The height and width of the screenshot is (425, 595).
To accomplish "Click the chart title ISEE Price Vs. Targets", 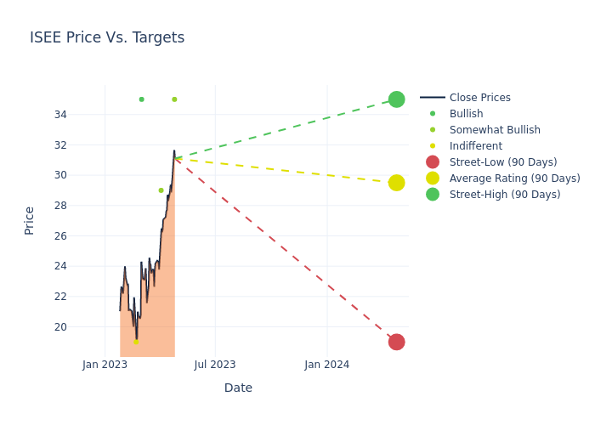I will point(107,37).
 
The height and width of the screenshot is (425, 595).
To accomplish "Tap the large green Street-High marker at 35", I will point(396,99).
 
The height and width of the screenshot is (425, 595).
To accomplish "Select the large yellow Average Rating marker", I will point(396,183).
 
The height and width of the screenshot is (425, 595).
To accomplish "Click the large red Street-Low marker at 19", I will point(396,342).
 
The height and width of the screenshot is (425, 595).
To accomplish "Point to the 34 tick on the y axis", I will point(84,115).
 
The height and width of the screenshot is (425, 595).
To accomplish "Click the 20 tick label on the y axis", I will point(84,326).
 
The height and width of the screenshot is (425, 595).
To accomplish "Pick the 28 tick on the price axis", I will point(84,206).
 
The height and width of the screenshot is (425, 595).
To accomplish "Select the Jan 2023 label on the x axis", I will point(105,365).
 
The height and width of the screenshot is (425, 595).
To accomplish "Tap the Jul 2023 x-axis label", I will point(215,365).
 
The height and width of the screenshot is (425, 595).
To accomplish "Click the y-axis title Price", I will point(30,220).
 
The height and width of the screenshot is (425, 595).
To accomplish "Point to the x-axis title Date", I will point(238,388).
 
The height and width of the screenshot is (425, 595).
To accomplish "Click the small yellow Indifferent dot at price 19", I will point(136,342).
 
